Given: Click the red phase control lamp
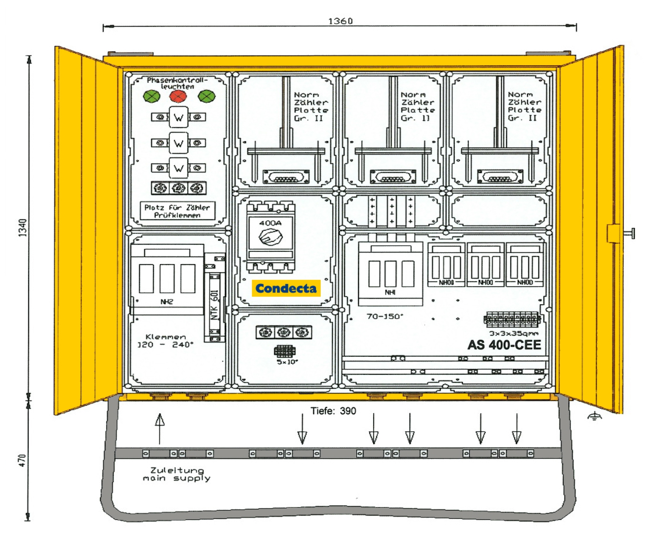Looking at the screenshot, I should pos(178,96).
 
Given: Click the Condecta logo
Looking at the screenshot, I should pos(286,288).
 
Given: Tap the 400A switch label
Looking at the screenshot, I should pos(270,223).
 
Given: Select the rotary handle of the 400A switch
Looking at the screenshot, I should pos(271,237).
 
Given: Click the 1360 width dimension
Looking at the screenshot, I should pos(340,21).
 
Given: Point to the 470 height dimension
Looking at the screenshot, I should pos(23,460).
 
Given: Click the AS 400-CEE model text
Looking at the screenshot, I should pos(504,345).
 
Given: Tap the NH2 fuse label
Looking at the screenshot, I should pos(167,302).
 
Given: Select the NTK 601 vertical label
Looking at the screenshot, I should pos(214,305).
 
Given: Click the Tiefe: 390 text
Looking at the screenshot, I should pos(333,411).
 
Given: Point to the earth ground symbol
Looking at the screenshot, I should pos(594,417).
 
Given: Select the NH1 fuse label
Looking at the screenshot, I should pos(390,292).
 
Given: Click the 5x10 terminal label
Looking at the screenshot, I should pos(287,362).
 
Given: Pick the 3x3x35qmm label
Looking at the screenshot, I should pos(514,333).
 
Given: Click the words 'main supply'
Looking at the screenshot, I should pos(176,479).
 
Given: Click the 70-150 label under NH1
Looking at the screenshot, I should pos(385,316).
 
